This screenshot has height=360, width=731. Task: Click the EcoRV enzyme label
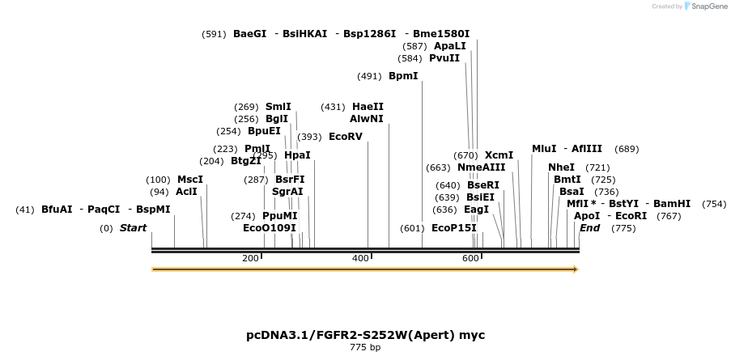[346, 137]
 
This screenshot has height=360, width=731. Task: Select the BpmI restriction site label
[403, 76]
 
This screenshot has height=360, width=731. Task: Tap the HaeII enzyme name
[368, 107]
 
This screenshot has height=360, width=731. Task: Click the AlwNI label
[367, 119]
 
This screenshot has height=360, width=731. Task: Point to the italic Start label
[133, 228]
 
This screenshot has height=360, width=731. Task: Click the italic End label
[589, 228]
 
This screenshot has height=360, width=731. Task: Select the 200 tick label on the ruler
[250, 258]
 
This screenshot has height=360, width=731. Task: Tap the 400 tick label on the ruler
[360, 258]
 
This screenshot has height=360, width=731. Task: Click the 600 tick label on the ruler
[470, 258]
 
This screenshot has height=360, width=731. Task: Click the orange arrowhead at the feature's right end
[576, 269]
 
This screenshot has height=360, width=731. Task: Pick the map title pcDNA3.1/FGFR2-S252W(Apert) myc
[365, 335]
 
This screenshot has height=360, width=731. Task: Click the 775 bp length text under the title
[365, 348]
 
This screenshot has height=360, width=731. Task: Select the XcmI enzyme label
[499, 155]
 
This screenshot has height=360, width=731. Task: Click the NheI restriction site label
[561, 167]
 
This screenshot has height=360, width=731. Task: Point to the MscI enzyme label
[190, 180]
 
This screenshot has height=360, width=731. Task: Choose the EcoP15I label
[453, 228]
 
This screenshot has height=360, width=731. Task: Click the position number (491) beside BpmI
[369, 76]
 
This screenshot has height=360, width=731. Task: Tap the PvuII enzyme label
[444, 58]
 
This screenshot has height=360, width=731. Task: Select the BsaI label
[572, 192]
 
